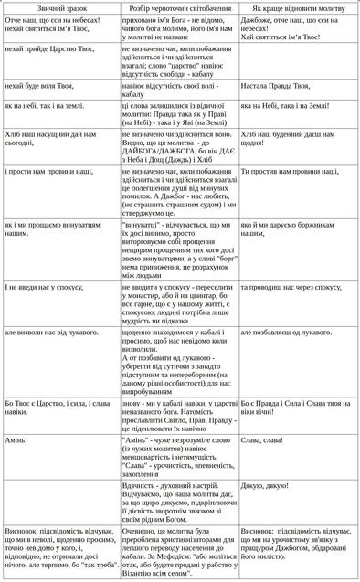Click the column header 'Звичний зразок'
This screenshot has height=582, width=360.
pyautogui.click(x=59, y=7)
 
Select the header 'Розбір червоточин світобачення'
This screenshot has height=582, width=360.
pyautogui.click(x=178, y=7)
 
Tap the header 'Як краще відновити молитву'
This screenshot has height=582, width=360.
pyautogui.click(x=299, y=7)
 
